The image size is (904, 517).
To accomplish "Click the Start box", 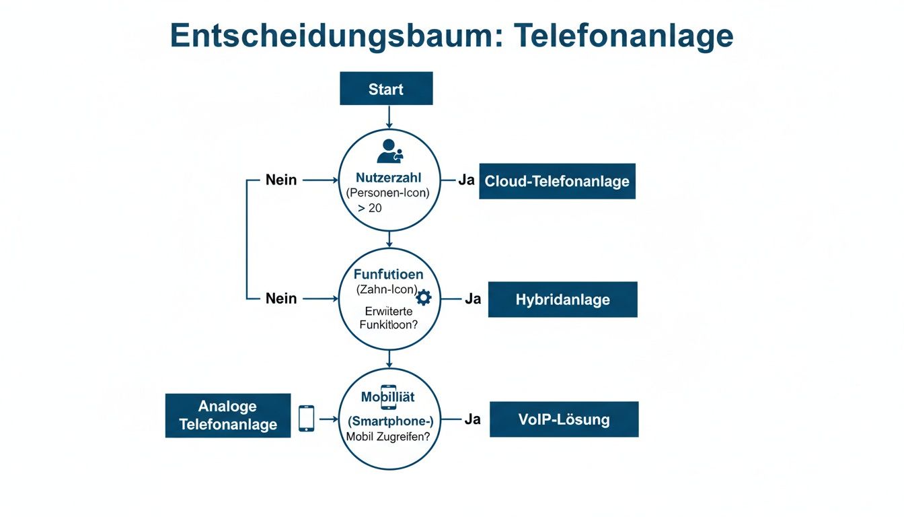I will click(386, 89).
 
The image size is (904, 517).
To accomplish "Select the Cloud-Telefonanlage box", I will click(557, 181).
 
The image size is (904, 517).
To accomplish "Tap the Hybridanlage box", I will click(562, 300).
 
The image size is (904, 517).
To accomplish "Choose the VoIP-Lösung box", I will click(564, 419).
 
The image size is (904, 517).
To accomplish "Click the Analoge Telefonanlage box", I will click(228, 415).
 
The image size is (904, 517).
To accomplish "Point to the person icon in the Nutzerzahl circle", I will click(389, 151).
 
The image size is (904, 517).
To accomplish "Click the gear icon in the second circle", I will click(424, 298).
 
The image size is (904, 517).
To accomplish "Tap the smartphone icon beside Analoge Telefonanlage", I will click(306, 418).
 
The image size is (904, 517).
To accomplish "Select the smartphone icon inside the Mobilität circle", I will click(388, 397).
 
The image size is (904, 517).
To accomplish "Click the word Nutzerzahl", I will click(388, 178).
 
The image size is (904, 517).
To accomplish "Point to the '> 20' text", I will click(369, 208).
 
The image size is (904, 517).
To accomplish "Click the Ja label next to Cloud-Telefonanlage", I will click(466, 181).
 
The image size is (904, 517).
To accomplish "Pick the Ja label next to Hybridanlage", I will click(473, 299).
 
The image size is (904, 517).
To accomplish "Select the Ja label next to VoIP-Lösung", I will click(473, 419).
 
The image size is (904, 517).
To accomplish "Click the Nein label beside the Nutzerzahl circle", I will click(281, 180).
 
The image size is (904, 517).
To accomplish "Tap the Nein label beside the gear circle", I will click(281, 298).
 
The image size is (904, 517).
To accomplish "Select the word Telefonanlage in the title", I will click(624, 35).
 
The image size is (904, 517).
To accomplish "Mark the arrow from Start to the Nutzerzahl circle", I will click(389, 116).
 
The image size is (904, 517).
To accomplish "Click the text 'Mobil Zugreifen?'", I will click(388, 436).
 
